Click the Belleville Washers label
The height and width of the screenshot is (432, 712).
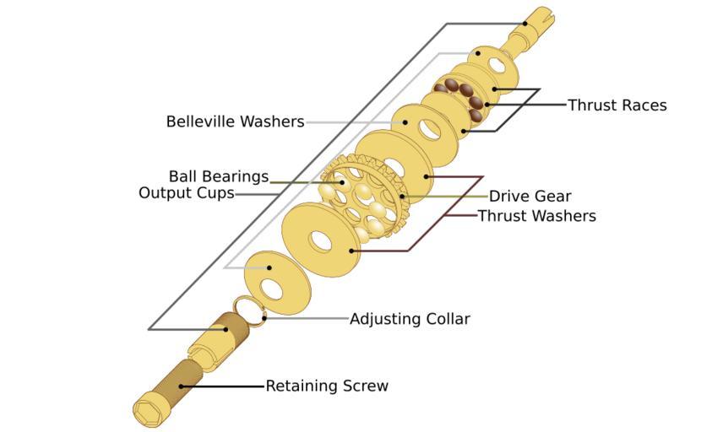(x=235, y=121)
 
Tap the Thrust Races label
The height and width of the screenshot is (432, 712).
(x=617, y=105)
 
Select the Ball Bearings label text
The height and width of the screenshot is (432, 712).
(x=218, y=176)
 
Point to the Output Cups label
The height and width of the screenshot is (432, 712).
(x=186, y=193)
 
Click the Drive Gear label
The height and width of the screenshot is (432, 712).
(x=530, y=197)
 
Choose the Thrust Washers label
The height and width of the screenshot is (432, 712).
(x=536, y=216)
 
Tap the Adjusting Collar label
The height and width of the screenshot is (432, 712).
(x=410, y=319)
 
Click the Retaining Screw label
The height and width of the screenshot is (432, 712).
(x=327, y=386)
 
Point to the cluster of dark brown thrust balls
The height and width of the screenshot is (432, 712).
(x=461, y=94)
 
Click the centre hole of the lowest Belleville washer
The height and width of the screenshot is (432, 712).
(x=272, y=289)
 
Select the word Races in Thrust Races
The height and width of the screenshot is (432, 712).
(x=644, y=105)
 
